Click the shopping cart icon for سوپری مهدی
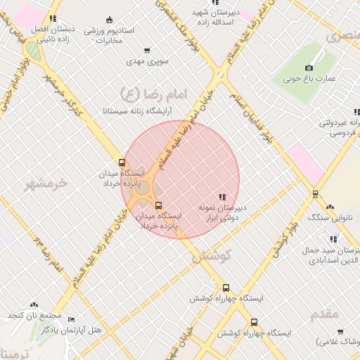coord(147,51)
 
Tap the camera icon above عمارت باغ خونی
coord(309,68)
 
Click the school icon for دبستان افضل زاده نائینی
coord(54,18)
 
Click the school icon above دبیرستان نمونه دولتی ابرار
coord(222,197)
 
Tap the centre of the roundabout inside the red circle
coord(143,188)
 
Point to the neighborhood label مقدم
coord(325,314)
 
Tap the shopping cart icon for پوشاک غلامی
coord(340,331)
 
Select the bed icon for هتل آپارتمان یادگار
coord(70,320)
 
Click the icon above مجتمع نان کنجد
coord(34,304)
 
